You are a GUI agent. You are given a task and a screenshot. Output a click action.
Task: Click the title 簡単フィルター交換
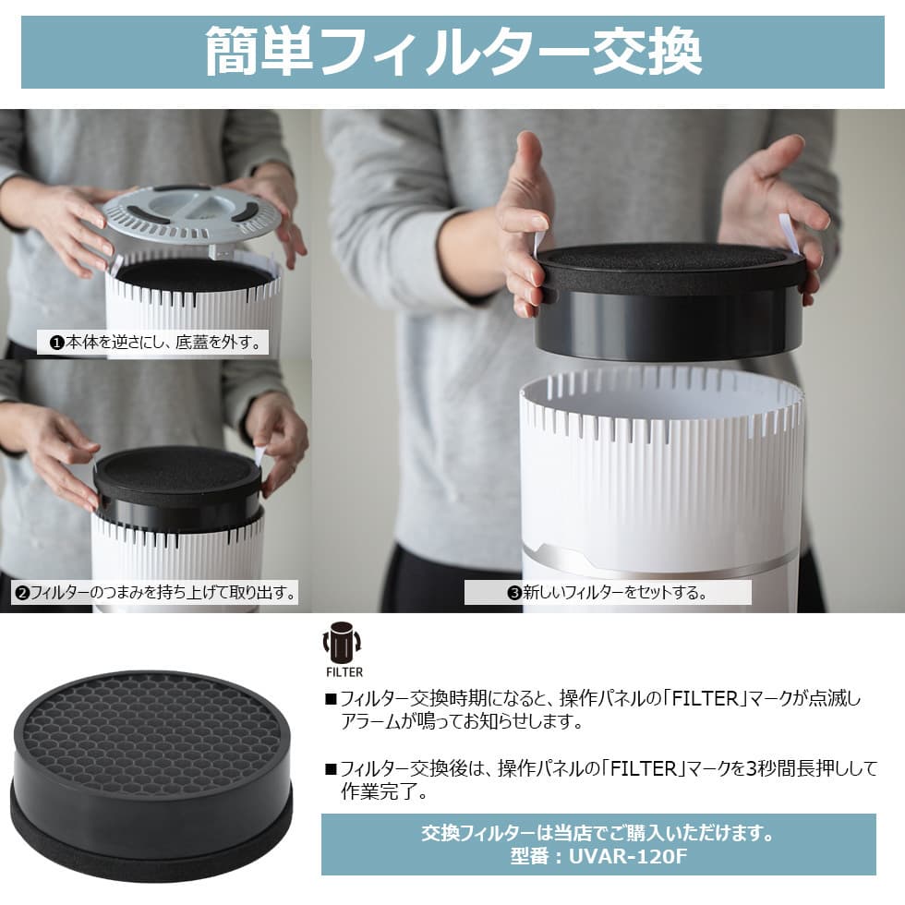click(x=453, y=52)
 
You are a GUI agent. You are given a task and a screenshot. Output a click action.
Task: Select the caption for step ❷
click(x=155, y=592)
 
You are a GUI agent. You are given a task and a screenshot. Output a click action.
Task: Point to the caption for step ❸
click(x=608, y=592)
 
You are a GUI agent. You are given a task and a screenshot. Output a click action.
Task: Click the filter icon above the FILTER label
click(x=342, y=643)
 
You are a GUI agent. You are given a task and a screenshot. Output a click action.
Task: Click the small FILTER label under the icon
click(x=344, y=672)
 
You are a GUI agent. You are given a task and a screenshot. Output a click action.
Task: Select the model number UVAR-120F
click(x=629, y=856)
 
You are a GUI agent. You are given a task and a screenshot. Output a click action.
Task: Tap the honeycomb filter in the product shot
click(x=151, y=774)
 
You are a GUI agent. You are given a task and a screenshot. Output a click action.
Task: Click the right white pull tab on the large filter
click(x=789, y=234)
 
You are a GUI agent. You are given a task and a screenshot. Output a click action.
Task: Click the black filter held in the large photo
click(x=670, y=300)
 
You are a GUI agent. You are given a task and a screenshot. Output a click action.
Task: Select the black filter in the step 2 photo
click(x=177, y=488)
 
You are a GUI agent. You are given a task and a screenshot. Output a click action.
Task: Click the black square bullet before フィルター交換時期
click(x=331, y=700)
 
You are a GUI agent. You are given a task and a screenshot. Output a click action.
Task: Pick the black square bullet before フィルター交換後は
click(x=331, y=768)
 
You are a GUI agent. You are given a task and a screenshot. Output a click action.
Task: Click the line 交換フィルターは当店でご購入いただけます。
click(x=598, y=833)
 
